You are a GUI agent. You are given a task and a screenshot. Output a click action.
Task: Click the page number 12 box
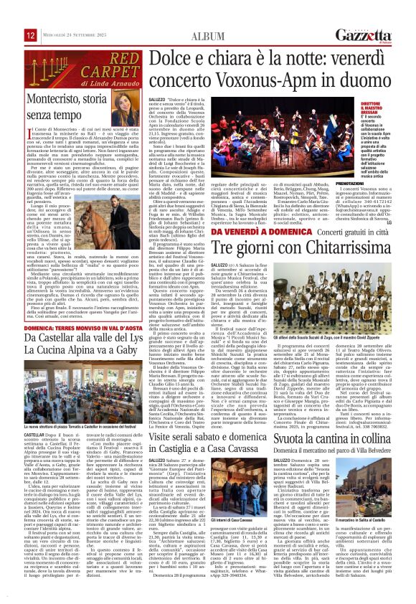[31, 35]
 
